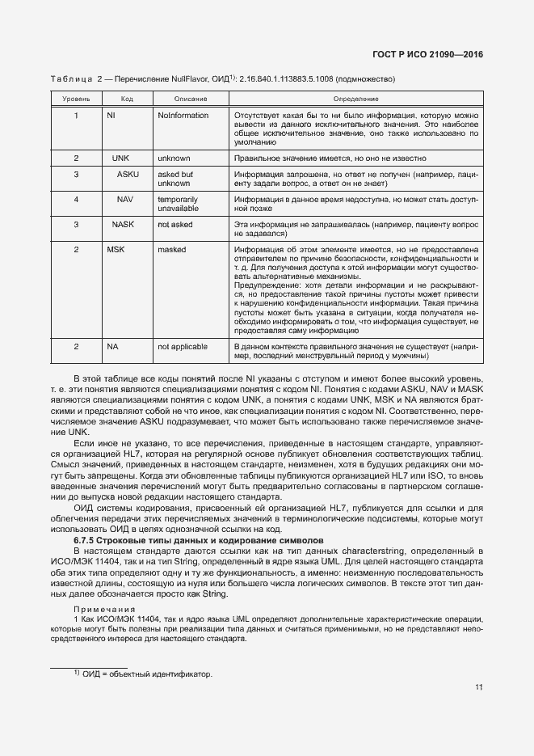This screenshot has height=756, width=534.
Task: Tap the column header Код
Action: coord(127,99)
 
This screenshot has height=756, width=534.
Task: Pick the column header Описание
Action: coord(191,99)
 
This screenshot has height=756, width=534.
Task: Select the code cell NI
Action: coord(111,116)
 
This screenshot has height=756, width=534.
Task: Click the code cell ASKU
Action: coord(128,175)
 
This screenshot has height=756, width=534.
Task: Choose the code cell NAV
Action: coord(125,199)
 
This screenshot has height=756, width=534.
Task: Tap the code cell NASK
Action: coord(123,223)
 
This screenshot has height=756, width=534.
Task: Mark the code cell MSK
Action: coord(116,250)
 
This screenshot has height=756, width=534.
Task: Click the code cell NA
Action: coord(112,346)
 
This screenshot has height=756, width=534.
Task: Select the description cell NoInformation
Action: coord(183,116)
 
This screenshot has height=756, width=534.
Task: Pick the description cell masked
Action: coord(172,250)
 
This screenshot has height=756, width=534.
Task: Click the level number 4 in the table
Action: coord(76,199)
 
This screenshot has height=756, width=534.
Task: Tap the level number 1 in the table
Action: coord(76,116)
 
